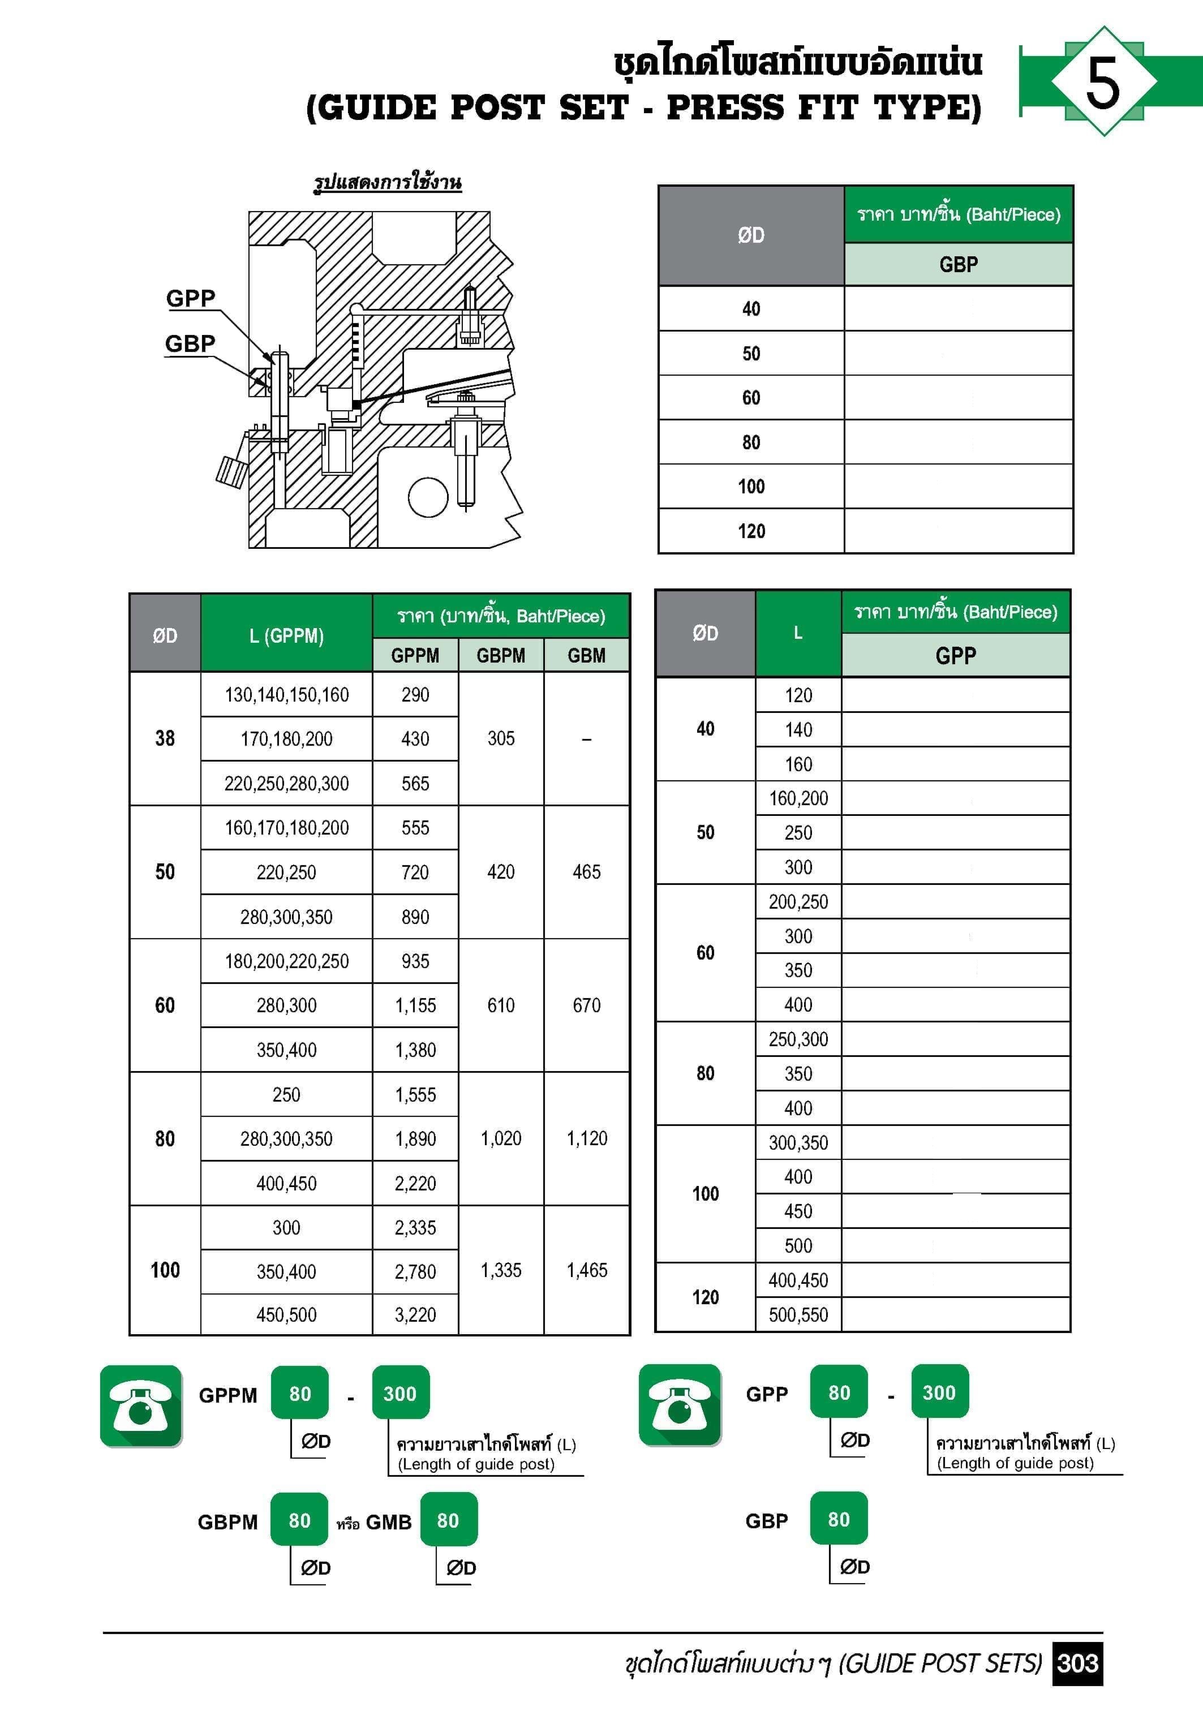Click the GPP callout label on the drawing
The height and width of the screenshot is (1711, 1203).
(x=190, y=298)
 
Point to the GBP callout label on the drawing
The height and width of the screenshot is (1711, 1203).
(x=190, y=343)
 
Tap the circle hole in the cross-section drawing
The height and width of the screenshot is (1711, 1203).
(x=428, y=496)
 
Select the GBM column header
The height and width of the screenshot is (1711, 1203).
(x=587, y=656)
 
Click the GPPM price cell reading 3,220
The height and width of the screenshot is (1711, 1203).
(x=415, y=1314)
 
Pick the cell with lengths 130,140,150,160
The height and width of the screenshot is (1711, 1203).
(x=286, y=695)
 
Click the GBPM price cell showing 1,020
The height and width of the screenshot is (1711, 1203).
(x=501, y=1138)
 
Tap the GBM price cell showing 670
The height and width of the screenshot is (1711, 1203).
(x=587, y=1005)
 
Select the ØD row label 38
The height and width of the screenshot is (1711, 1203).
(x=165, y=738)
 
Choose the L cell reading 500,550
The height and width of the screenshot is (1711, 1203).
(x=798, y=1314)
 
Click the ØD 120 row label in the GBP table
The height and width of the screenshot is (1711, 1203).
(x=751, y=531)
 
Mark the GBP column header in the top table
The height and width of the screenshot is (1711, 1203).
(x=959, y=265)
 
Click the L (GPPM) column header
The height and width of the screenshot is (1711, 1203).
(x=286, y=635)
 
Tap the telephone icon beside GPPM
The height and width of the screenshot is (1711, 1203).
(x=141, y=1406)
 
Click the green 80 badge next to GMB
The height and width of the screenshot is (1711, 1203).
(x=448, y=1520)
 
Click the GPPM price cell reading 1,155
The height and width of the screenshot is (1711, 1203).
(x=415, y=1005)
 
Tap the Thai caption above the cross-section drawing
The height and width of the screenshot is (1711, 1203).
(x=387, y=183)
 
